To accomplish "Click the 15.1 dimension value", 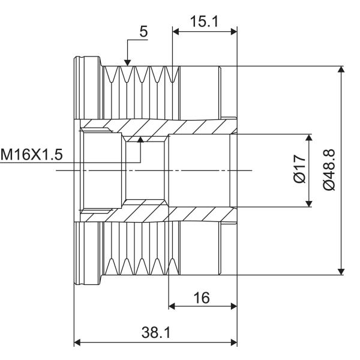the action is click(204, 22).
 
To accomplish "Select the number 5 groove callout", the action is click(143, 31).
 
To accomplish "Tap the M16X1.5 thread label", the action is click(31, 154).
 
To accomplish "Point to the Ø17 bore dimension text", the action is click(300, 168).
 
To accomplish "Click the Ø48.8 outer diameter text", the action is click(329, 170).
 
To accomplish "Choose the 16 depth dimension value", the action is click(202, 298).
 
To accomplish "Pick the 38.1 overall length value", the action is click(156, 332).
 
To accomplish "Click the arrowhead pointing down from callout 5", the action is click(128, 62).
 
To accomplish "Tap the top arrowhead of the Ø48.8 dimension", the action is click(341, 69).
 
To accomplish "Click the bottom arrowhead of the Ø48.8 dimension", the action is click(341, 272).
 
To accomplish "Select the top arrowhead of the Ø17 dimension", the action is click(309, 137).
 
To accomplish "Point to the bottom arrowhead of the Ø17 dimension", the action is click(309, 203).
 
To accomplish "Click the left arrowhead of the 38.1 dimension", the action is click(77, 343).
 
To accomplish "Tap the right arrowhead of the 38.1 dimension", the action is click(234, 343).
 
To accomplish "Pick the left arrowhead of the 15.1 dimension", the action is click(176, 31).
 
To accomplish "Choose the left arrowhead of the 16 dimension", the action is click(172, 306).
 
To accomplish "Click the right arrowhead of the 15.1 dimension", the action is click(234, 31).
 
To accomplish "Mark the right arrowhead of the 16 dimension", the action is click(234, 306).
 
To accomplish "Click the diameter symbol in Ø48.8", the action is click(329, 185).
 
